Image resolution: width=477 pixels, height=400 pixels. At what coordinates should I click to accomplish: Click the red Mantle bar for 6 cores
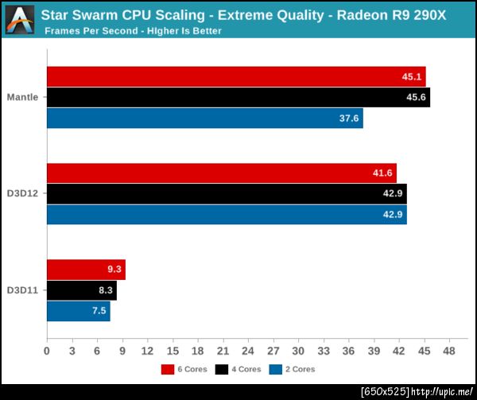coord(236,76)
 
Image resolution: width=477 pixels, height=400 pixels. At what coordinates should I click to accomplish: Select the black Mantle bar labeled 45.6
coord(238,97)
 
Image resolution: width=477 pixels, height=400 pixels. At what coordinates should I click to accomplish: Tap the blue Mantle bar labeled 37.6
coord(205,118)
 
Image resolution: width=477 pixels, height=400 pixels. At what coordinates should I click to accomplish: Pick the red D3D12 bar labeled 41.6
coord(222,173)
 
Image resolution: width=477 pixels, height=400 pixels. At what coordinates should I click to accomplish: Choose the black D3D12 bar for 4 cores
coord(227,193)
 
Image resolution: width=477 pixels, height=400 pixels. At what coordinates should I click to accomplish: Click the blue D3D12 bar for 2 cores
coord(227,214)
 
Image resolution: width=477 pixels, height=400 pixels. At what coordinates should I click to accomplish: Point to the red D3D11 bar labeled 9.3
coord(86,270)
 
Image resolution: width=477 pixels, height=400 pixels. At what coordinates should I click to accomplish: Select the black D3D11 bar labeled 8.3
coord(82,290)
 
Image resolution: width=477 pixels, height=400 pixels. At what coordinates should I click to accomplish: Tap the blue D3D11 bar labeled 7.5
coord(79,311)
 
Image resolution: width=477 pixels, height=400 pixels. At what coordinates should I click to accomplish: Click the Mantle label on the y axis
coord(22,97)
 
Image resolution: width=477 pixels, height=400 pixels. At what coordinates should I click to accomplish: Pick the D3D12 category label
coord(22,193)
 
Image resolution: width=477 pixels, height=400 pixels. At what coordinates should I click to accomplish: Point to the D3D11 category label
coord(22,290)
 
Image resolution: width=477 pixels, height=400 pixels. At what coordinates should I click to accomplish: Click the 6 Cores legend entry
coord(188,369)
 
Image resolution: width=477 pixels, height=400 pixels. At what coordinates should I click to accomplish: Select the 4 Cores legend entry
coord(242,369)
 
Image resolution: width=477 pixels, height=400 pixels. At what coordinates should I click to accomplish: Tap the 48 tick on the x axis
coord(449,351)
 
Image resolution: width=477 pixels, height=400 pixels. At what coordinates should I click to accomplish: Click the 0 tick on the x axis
coord(47,351)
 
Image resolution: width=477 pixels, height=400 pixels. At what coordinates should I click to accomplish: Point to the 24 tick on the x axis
coord(248,351)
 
